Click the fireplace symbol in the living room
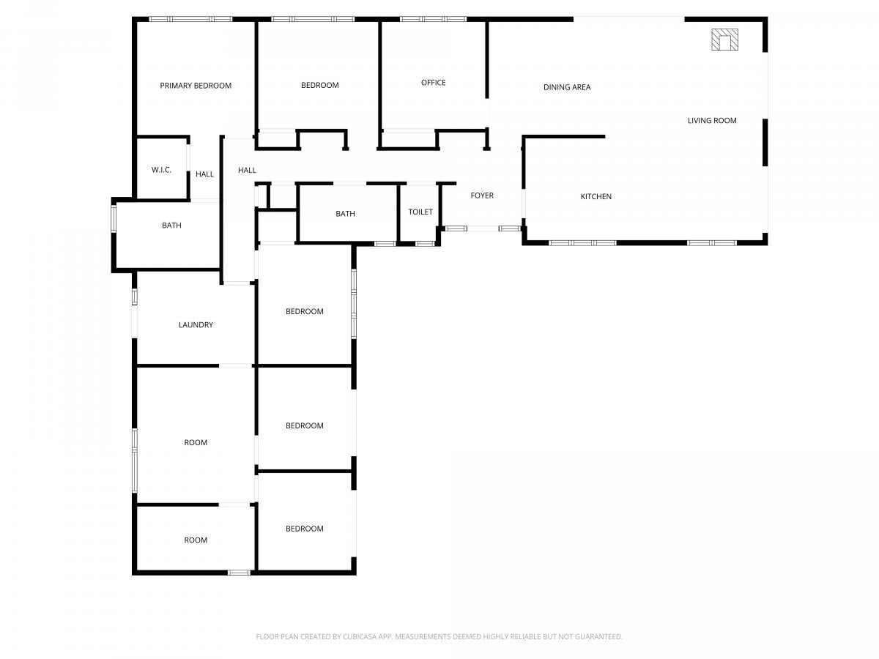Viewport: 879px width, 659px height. click(724, 40)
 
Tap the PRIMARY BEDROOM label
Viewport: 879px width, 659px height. click(196, 86)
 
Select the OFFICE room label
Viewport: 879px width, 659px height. click(434, 83)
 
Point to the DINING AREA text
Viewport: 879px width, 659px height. click(567, 87)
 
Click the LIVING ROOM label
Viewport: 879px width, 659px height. click(712, 120)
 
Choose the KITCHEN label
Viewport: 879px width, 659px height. click(596, 196)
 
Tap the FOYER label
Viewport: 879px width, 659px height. click(482, 196)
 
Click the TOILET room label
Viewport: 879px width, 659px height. click(420, 212)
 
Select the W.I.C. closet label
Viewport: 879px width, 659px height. click(161, 170)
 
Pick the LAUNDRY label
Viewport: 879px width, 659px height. click(196, 325)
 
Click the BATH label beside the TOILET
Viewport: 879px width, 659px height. click(345, 214)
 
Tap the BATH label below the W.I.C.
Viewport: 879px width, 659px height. click(171, 226)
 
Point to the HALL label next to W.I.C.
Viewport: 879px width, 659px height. click(204, 174)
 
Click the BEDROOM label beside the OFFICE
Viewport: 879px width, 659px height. click(320, 85)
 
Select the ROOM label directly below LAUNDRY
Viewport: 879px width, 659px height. click(196, 442)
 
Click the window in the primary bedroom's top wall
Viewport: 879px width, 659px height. click(190, 19)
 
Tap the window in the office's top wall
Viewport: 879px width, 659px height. click(434, 19)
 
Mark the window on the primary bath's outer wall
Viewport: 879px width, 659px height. click(114, 218)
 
